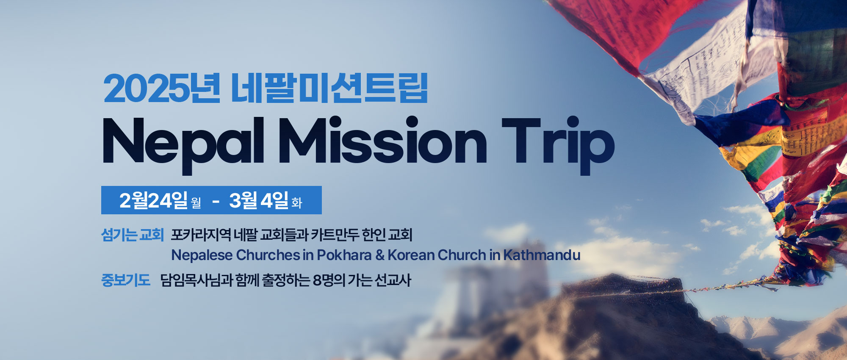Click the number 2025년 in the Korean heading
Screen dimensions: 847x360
click(162, 89)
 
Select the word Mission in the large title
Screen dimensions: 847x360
click(383, 141)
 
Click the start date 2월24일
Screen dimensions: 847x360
click(153, 200)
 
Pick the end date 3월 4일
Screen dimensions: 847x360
click(259, 200)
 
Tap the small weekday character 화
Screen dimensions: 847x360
click(296, 203)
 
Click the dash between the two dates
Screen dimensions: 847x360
click(216, 202)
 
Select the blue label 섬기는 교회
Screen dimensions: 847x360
click(133, 235)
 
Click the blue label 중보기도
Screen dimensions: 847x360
click(126, 280)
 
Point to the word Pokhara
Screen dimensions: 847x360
click(344, 255)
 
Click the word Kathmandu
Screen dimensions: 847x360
click(542, 255)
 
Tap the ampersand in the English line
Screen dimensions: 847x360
click(379, 255)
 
